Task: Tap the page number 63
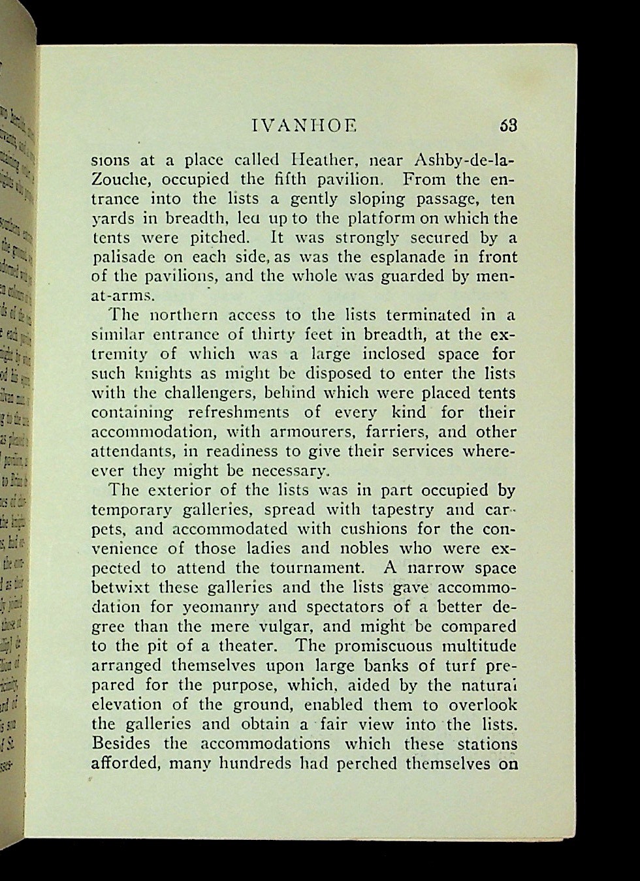508,125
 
